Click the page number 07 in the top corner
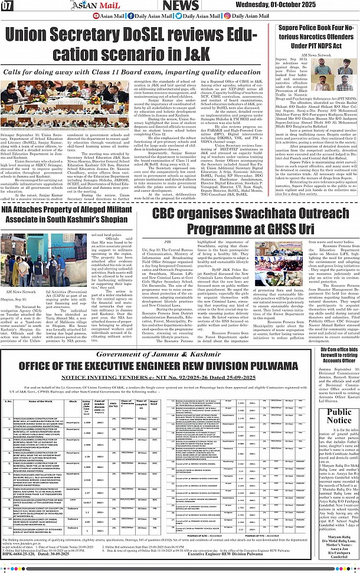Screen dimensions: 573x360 point(8,6)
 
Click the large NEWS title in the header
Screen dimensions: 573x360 point(181,6)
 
